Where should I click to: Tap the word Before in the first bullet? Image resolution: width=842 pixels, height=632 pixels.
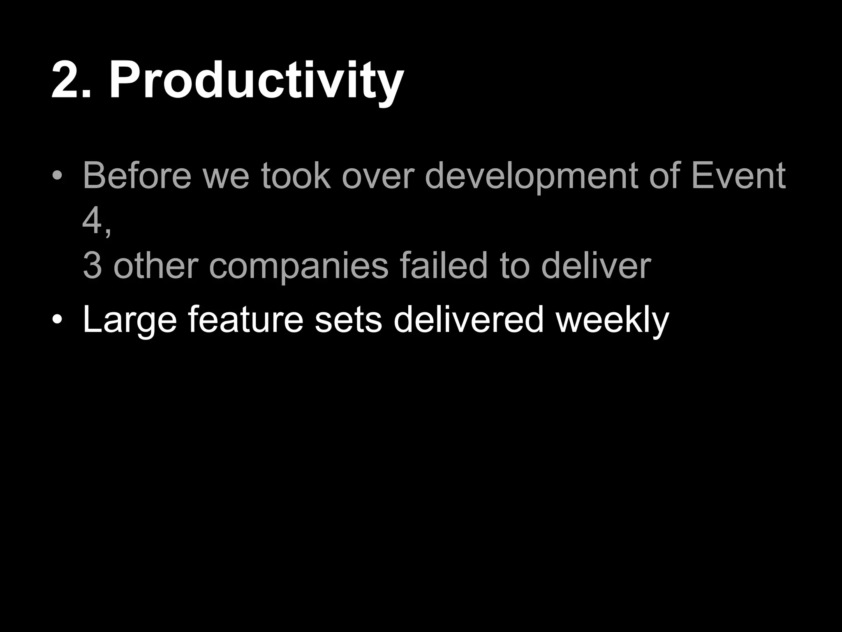coord(137,176)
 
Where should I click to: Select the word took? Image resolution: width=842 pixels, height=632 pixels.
coord(296,176)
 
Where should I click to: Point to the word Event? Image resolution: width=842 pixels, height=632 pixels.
coord(738,176)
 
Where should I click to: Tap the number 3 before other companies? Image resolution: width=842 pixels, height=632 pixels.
coord(92,266)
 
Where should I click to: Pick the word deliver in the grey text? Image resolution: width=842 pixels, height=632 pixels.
coord(596,266)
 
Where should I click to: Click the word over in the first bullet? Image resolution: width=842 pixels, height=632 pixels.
coord(377,176)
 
